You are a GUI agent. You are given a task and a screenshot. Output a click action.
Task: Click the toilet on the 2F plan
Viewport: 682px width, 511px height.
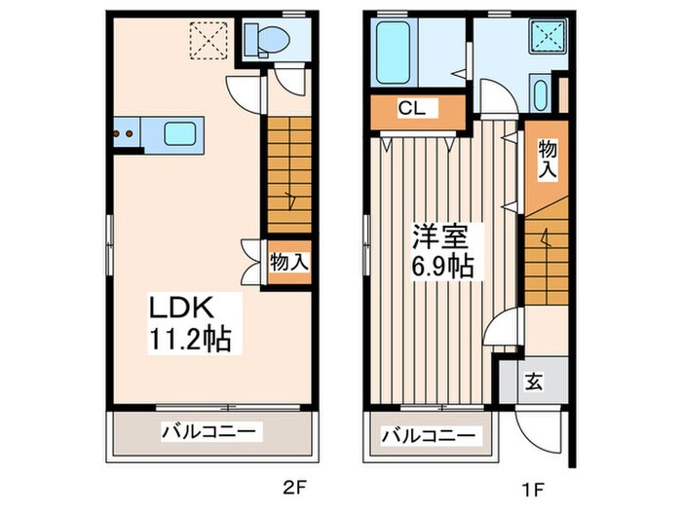click(267, 41)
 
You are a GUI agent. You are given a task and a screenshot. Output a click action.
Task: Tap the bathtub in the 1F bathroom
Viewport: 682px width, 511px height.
click(393, 53)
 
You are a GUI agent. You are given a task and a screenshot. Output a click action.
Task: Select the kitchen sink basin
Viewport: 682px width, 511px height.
click(179, 133)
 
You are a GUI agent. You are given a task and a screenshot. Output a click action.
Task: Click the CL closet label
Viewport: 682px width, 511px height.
click(411, 108)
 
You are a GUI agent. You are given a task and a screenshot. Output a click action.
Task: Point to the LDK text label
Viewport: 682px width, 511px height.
click(181, 308)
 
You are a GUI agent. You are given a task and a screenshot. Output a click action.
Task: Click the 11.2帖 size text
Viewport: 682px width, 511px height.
click(190, 339)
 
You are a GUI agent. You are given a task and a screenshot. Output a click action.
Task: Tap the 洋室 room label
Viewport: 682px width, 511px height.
click(440, 236)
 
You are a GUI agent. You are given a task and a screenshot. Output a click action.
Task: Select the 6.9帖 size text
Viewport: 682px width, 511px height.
click(442, 266)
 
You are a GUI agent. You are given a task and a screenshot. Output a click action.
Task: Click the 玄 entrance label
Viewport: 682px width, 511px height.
click(534, 382)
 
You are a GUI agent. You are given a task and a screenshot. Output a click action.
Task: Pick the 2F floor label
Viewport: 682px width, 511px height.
click(295, 490)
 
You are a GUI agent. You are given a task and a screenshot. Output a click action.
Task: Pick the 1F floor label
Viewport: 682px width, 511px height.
click(534, 490)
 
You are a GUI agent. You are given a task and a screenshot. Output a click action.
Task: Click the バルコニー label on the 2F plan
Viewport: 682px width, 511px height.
click(209, 431)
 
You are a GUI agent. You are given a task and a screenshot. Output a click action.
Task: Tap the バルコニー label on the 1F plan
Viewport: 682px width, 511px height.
click(429, 435)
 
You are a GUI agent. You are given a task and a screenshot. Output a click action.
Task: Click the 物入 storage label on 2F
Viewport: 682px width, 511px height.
click(289, 263)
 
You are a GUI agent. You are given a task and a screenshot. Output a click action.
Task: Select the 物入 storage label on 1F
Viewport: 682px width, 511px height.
click(548, 159)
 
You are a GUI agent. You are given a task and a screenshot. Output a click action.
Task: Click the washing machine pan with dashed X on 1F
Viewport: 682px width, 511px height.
click(548, 37)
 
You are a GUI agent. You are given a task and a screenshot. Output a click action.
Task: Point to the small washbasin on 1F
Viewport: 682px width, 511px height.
click(540, 94)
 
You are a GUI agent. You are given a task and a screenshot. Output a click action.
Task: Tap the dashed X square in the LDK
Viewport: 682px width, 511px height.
click(208, 41)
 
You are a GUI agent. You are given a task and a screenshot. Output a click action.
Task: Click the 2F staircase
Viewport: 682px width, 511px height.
click(289, 175)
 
